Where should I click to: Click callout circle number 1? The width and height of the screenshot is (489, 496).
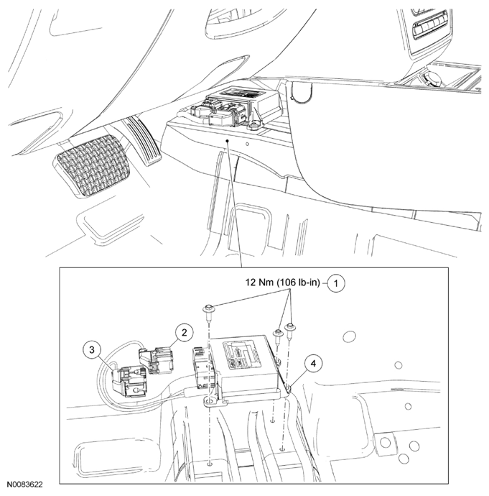point(336,283)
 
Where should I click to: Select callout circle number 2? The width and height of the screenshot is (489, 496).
point(184,332)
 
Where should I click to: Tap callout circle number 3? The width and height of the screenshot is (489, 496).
point(92,349)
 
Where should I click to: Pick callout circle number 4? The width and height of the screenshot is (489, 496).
point(313,364)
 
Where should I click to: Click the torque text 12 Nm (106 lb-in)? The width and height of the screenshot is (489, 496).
point(283,283)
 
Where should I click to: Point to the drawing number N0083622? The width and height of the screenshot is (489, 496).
point(25,484)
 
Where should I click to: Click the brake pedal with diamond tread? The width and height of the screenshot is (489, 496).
point(93,166)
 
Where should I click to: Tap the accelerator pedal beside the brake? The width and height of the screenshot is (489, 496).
point(144,142)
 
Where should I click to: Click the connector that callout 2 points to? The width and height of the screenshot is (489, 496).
point(156,360)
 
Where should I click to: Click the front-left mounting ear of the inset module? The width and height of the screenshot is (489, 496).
point(212,403)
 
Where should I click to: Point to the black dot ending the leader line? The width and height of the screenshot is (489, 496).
point(227,141)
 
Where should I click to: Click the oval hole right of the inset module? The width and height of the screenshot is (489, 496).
point(349,336)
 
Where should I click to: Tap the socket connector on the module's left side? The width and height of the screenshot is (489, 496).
point(201,367)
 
